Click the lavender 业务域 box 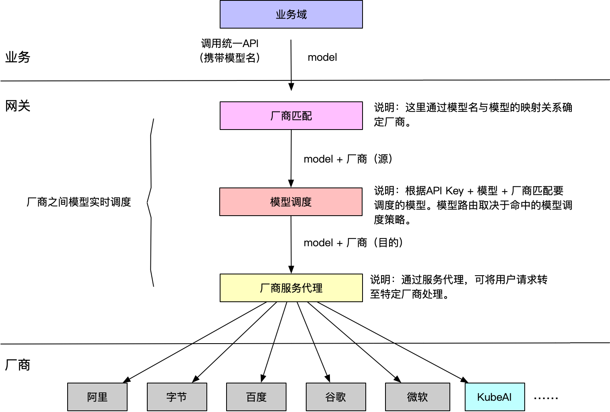point(291,14)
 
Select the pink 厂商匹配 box point(291,116)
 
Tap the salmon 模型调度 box point(291,202)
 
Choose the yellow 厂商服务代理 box point(291,288)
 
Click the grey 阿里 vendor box point(97,397)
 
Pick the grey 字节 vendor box point(177,397)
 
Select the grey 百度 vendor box point(256,397)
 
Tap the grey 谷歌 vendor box point(336,397)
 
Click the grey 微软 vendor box point(417,397)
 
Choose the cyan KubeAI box point(495,397)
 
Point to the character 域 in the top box point(302,15)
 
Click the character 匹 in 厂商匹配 point(297,116)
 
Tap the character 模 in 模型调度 point(275,202)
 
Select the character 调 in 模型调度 point(296,202)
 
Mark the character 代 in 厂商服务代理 point(307,288)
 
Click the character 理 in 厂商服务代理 point(317,288)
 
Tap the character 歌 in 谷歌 point(341,397)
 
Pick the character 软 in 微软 point(422,397)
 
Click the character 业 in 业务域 point(281,15)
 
